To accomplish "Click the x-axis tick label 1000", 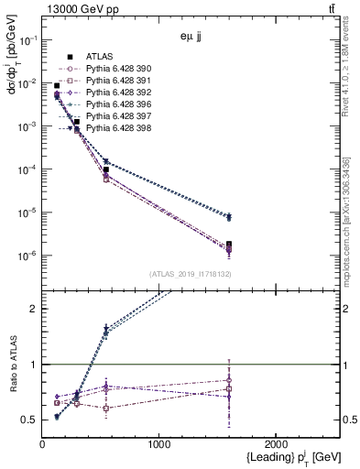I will tap(159, 444).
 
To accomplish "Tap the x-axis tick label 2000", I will tap(276, 444).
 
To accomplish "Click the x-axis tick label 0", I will tap(42, 444).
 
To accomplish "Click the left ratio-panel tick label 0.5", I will tap(29, 420).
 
